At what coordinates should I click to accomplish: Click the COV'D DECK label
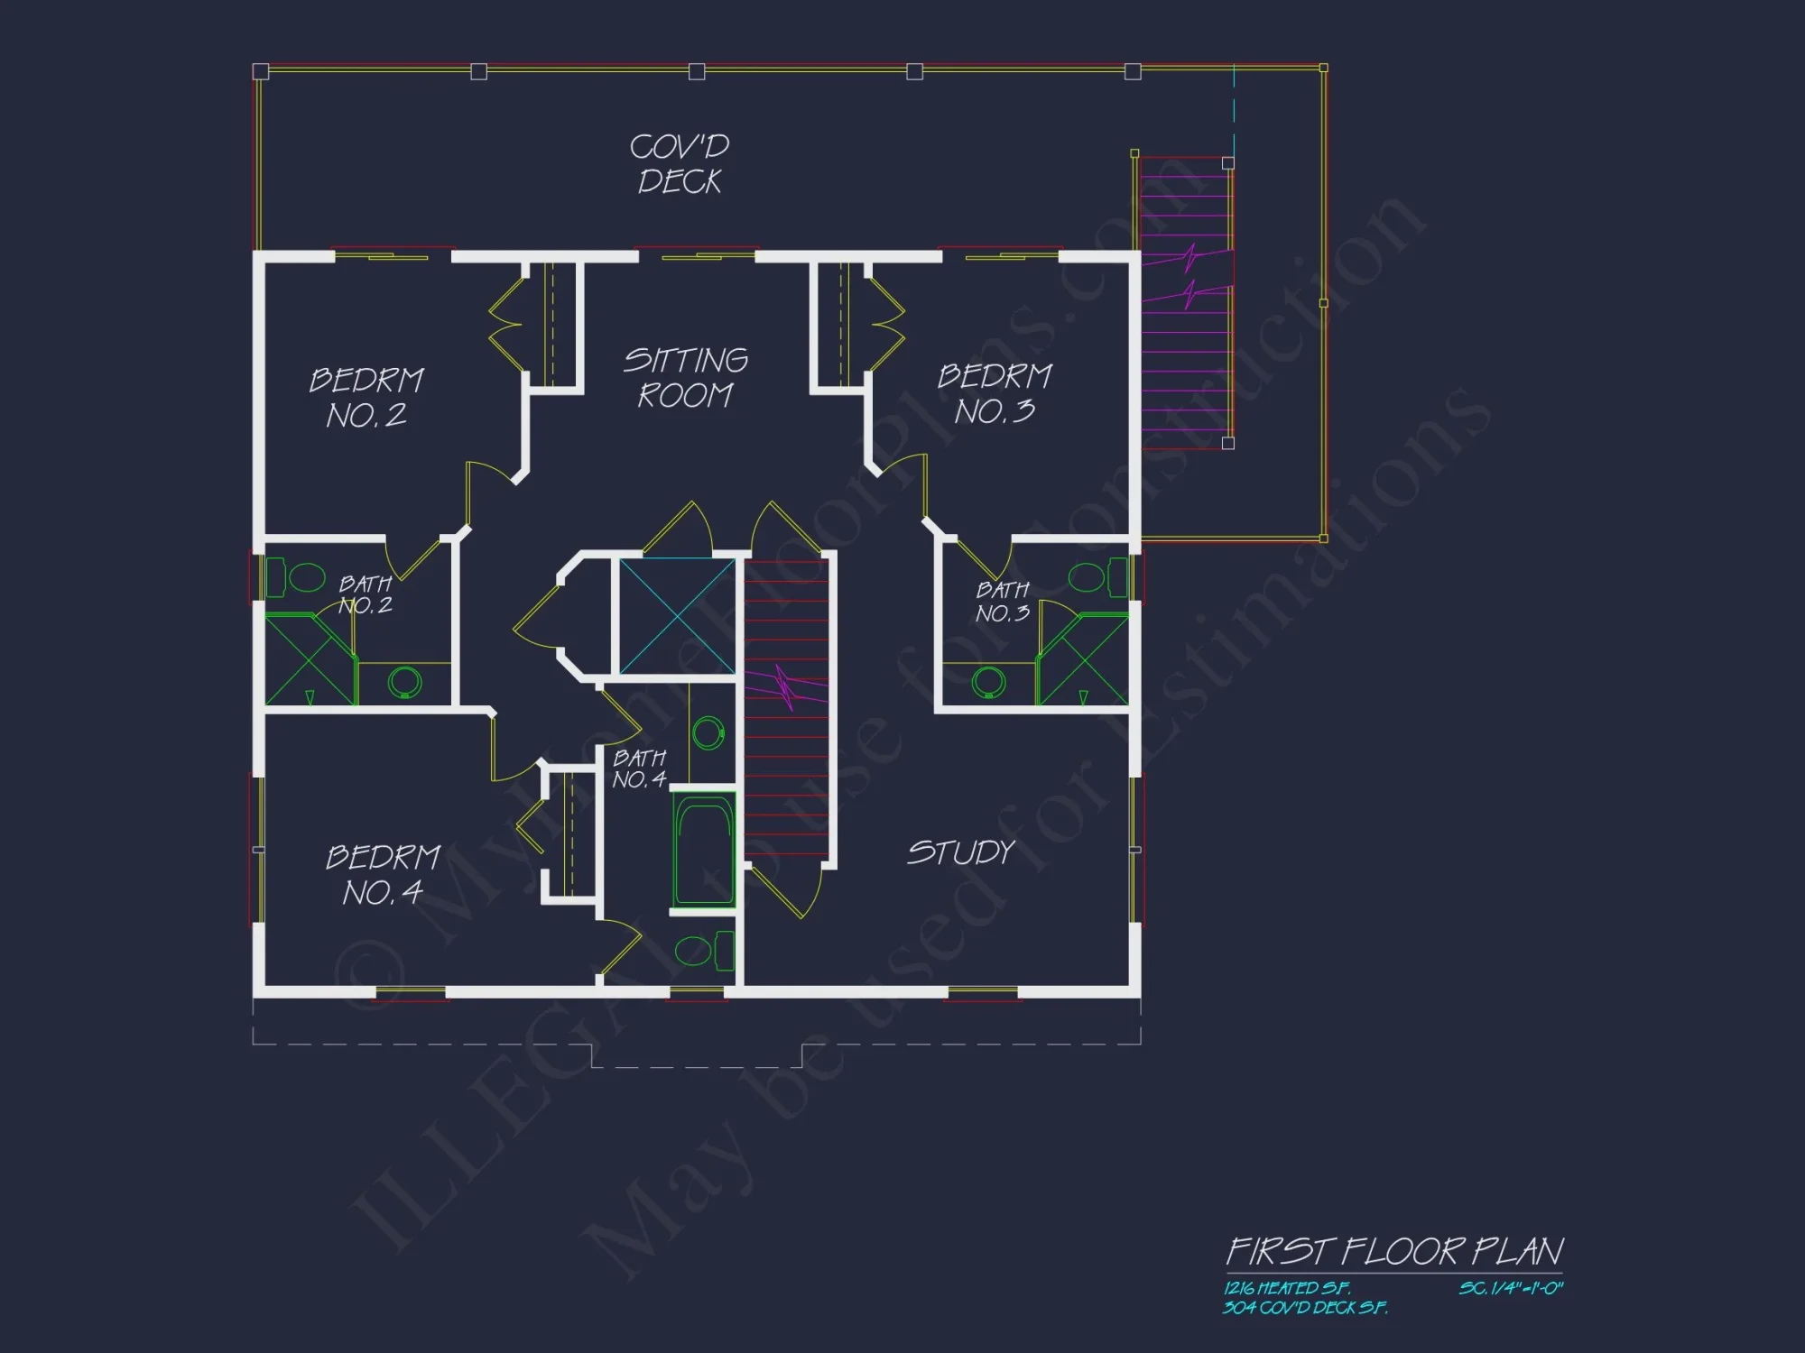coord(680,164)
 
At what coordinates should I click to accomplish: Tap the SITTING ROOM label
coord(686,378)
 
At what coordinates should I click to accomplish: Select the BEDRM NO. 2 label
coord(366,398)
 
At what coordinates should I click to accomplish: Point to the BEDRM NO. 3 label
coord(995,394)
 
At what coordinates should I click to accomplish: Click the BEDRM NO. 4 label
coord(383,874)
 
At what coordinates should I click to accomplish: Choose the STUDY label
coord(961,852)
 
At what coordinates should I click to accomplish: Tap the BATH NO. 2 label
coord(366,594)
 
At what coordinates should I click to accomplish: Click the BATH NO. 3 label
coord(1003,602)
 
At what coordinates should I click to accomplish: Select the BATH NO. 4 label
coord(640,769)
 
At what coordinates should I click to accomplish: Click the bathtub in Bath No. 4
coord(704,850)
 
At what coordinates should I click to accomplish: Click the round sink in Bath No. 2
coord(404,682)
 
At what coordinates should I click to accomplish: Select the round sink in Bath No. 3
coord(989,682)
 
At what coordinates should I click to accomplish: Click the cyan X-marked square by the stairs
coord(677,616)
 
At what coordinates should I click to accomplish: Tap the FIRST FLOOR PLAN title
coord(1394,1251)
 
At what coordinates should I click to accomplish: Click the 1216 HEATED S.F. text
coord(1287,1288)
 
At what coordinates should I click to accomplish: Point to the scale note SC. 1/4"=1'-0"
coord(1511,1288)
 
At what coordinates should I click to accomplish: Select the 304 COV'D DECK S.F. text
coord(1305,1307)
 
